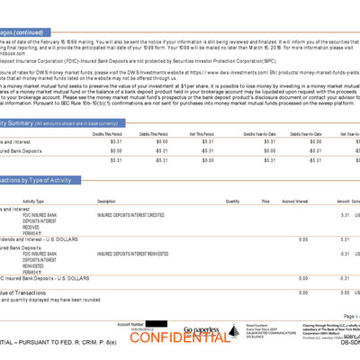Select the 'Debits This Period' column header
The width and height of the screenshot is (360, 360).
(156, 132)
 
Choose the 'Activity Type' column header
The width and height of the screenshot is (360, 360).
(33, 202)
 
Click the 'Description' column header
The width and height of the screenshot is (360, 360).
(106, 202)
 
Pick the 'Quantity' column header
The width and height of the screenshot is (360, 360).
(232, 202)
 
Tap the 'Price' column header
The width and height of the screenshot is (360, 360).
(265, 202)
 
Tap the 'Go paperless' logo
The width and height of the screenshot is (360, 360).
(201, 330)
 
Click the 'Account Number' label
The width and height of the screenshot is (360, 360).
(131, 322)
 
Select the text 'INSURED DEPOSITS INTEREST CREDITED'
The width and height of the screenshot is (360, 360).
(130, 215)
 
